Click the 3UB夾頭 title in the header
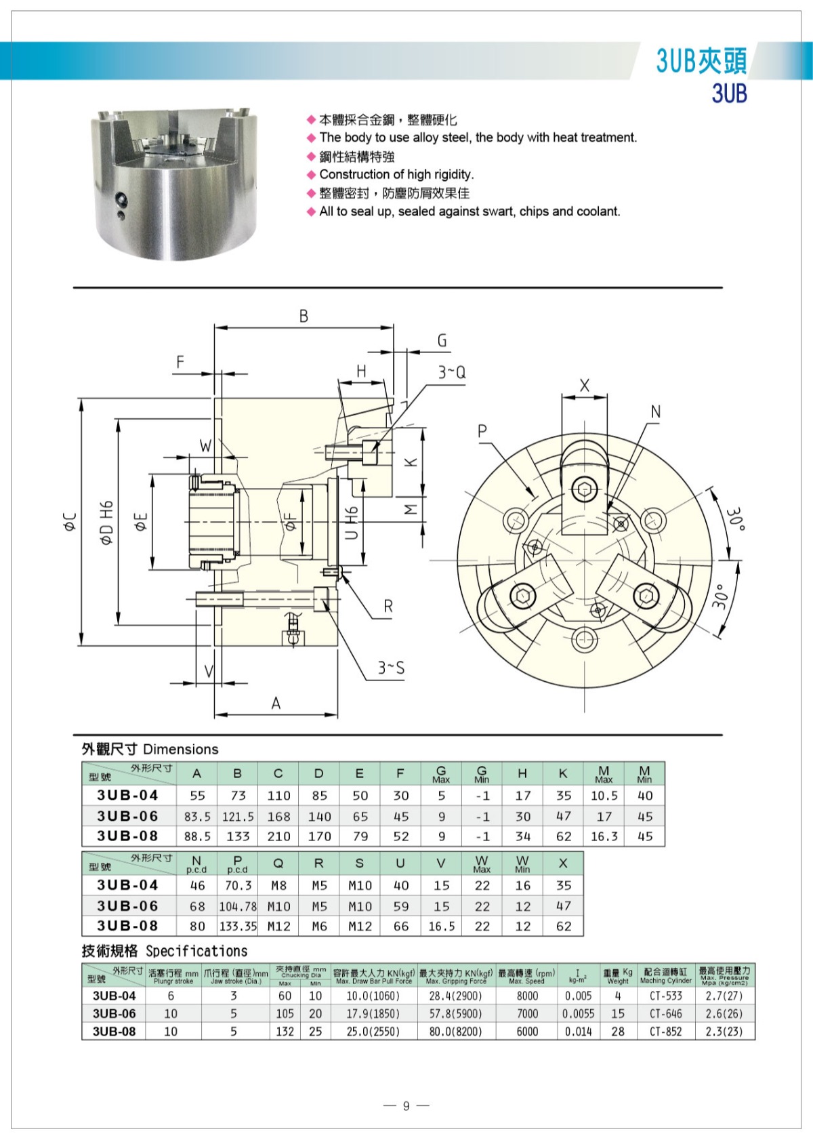pyautogui.click(x=701, y=61)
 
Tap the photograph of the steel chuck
pyautogui.click(x=175, y=184)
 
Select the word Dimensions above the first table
pyautogui.click(x=181, y=749)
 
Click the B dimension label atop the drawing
pyautogui.click(x=304, y=316)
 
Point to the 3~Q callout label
pyautogui.click(x=451, y=372)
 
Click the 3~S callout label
pyautogui.click(x=392, y=668)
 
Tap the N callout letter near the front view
pyautogui.click(x=655, y=411)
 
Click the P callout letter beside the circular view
pyautogui.click(x=482, y=431)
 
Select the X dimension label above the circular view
pyautogui.click(x=584, y=386)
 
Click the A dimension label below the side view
pyautogui.click(x=276, y=704)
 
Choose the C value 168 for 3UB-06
pyautogui.click(x=278, y=817)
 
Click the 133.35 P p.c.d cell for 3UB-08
pyautogui.click(x=238, y=927)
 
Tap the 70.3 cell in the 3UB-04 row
pyautogui.click(x=238, y=886)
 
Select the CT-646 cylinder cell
pyautogui.click(x=665, y=1014)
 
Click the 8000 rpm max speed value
pyautogui.click(x=527, y=996)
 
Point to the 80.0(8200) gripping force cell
pyautogui.click(x=455, y=1032)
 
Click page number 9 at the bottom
pyautogui.click(x=406, y=1106)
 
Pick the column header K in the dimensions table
pyautogui.click(x=563, y=773)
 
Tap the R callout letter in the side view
pyautogui.click(x=388, y=606)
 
